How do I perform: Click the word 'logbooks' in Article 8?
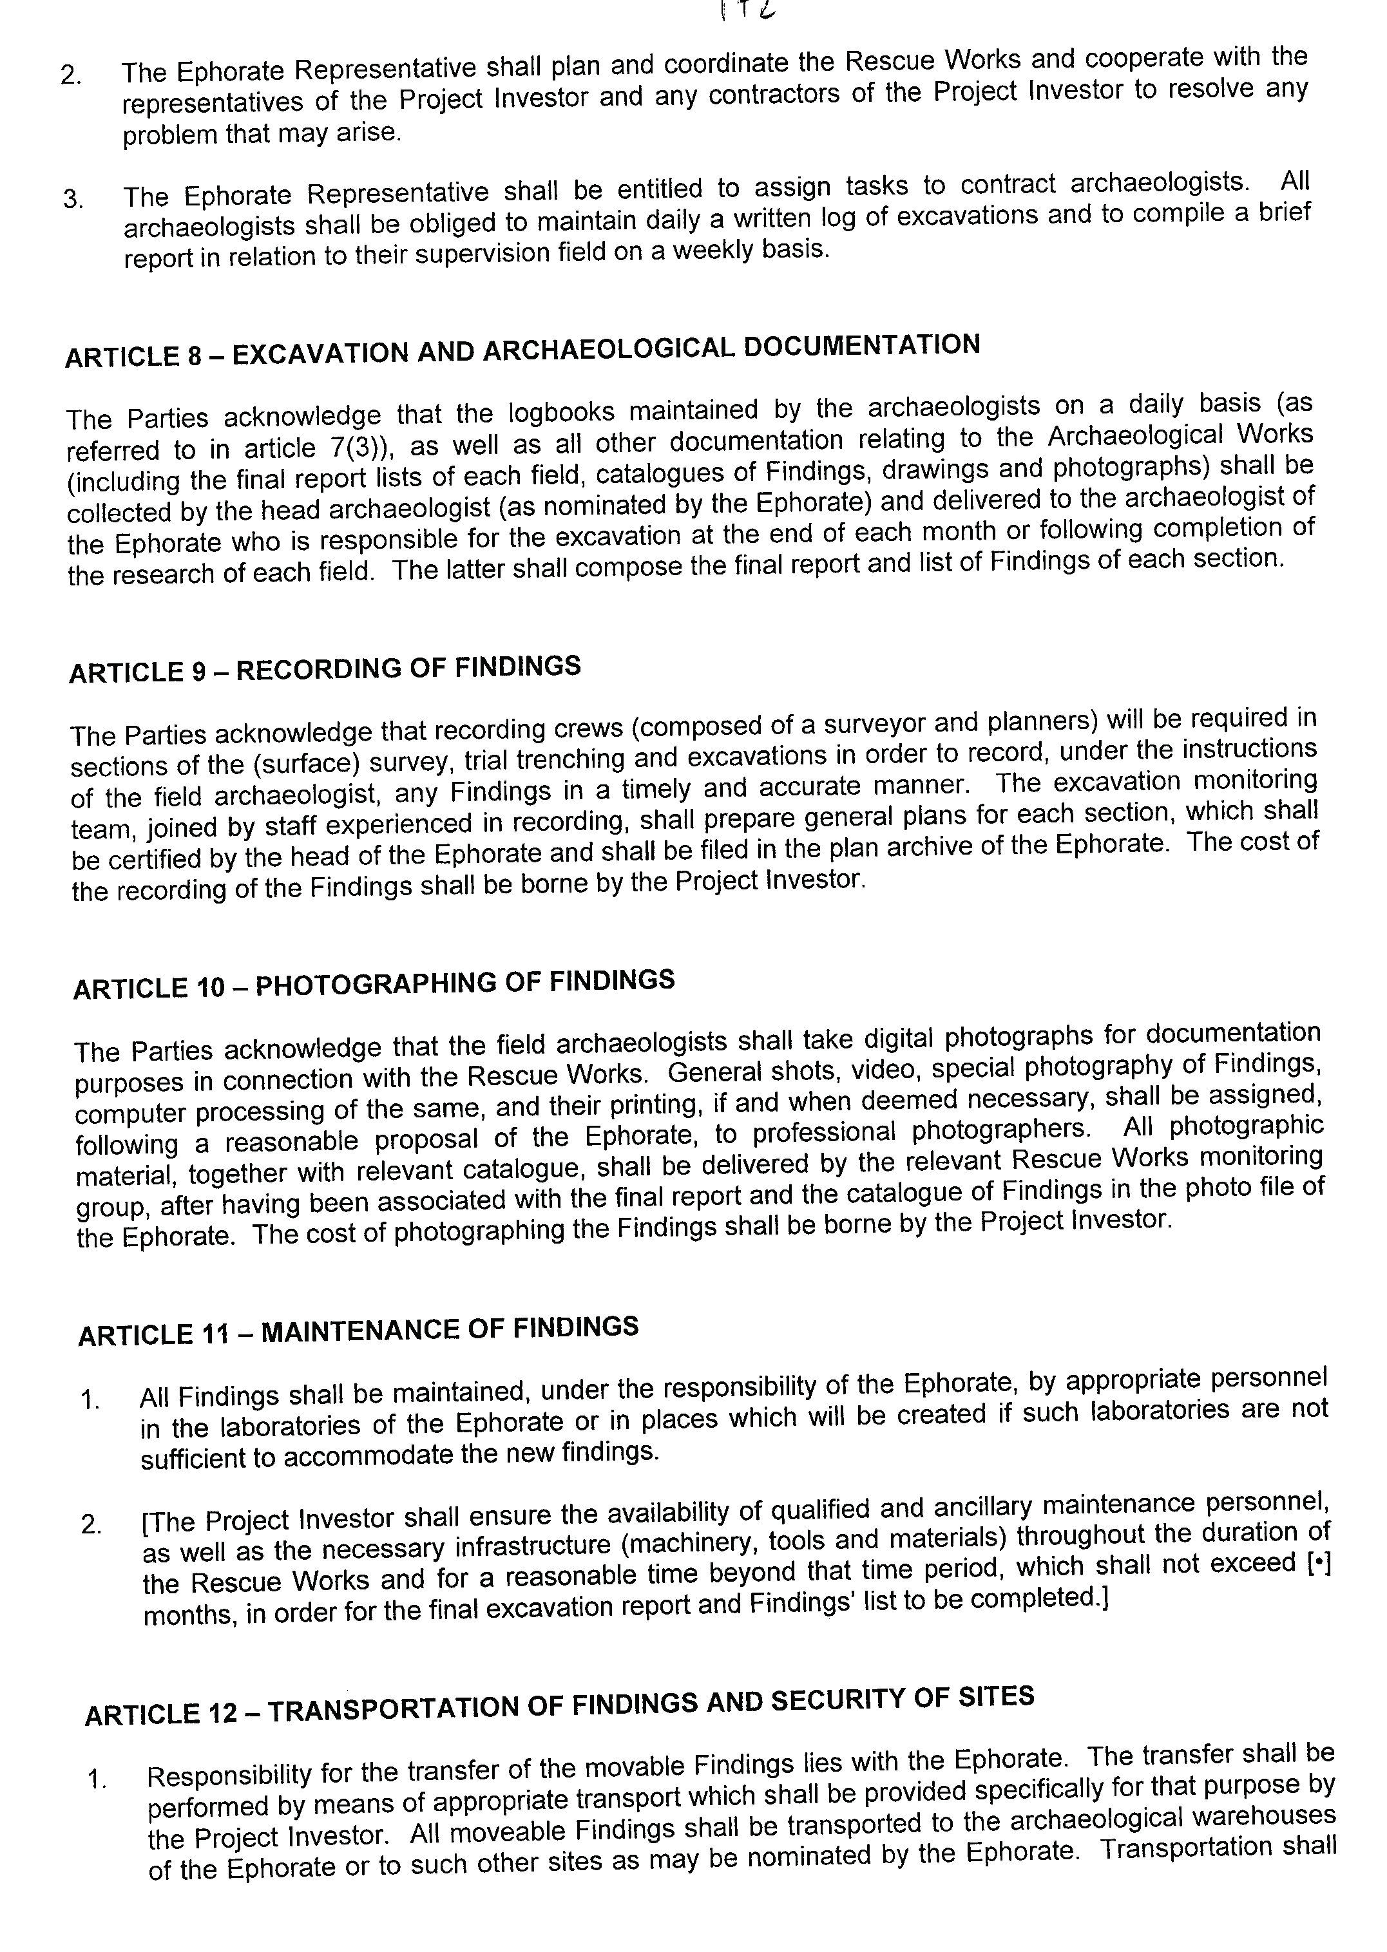[561, 412]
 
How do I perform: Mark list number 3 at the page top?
[73, 199]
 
